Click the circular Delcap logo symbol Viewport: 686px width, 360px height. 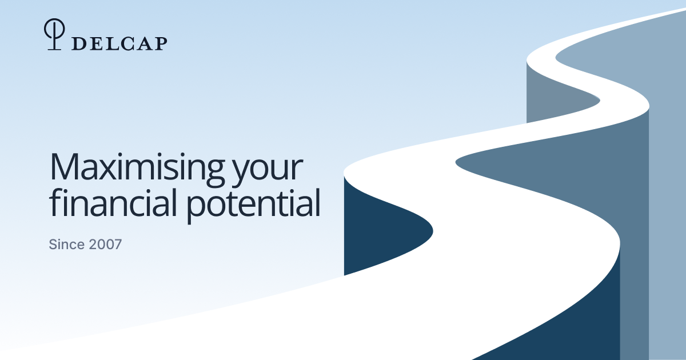tap(54, 34)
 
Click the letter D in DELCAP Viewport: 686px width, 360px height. tap(79, 43)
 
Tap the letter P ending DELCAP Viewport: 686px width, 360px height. tap(160, 43)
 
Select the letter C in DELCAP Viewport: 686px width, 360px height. tap(127, 44)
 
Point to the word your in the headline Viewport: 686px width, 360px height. tap(268, 171)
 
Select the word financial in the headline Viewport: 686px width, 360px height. tap(113, 202)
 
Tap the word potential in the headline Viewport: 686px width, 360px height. tap(253, 206)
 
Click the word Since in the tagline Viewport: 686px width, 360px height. tap(66, 245)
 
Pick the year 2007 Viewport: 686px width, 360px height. tap(105, 245)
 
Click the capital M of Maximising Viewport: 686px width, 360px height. tap(64, 166)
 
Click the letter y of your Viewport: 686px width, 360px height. tap(242, 174)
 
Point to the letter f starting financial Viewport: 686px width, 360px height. tap(55, 202)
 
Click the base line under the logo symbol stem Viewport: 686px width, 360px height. tap(54, 49)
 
